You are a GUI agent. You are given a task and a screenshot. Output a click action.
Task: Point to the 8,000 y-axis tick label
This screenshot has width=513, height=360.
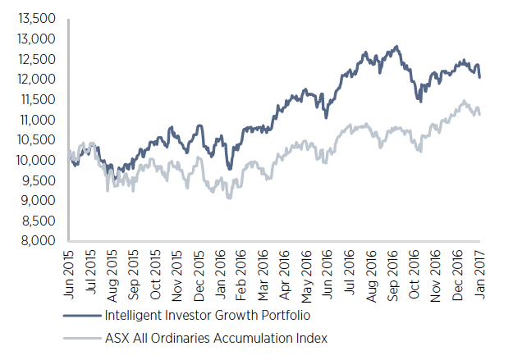[37, 241]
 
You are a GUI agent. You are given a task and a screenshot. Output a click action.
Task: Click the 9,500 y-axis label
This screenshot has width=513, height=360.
[37, 180]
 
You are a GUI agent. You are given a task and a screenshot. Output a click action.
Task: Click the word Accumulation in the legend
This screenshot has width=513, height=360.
[262, 338]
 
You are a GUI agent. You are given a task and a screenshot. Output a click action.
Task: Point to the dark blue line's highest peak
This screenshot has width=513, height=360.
[397, 47]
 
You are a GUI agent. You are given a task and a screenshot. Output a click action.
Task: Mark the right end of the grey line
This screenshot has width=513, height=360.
[480, 114]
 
